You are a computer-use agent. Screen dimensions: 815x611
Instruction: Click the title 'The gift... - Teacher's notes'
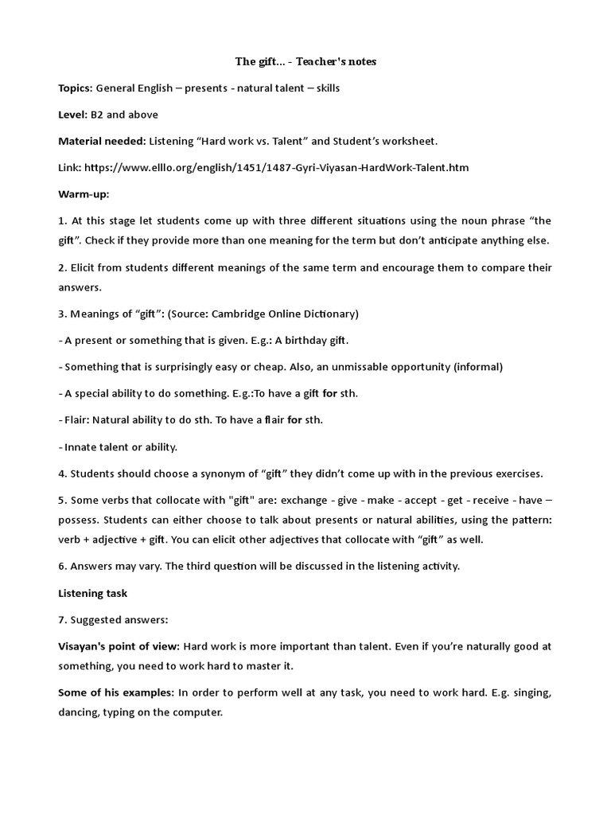(x=305, y=61)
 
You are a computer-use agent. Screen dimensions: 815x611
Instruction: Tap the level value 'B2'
(x=97, y=115)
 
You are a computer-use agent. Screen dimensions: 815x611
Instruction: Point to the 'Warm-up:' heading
(x=84, y=194)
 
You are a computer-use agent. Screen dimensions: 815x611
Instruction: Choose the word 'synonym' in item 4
(x=215, y=474)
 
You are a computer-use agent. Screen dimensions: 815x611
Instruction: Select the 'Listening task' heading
(x=92, y=593)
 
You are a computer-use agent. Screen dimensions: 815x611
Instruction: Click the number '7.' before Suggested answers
(x=64, y=619)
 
